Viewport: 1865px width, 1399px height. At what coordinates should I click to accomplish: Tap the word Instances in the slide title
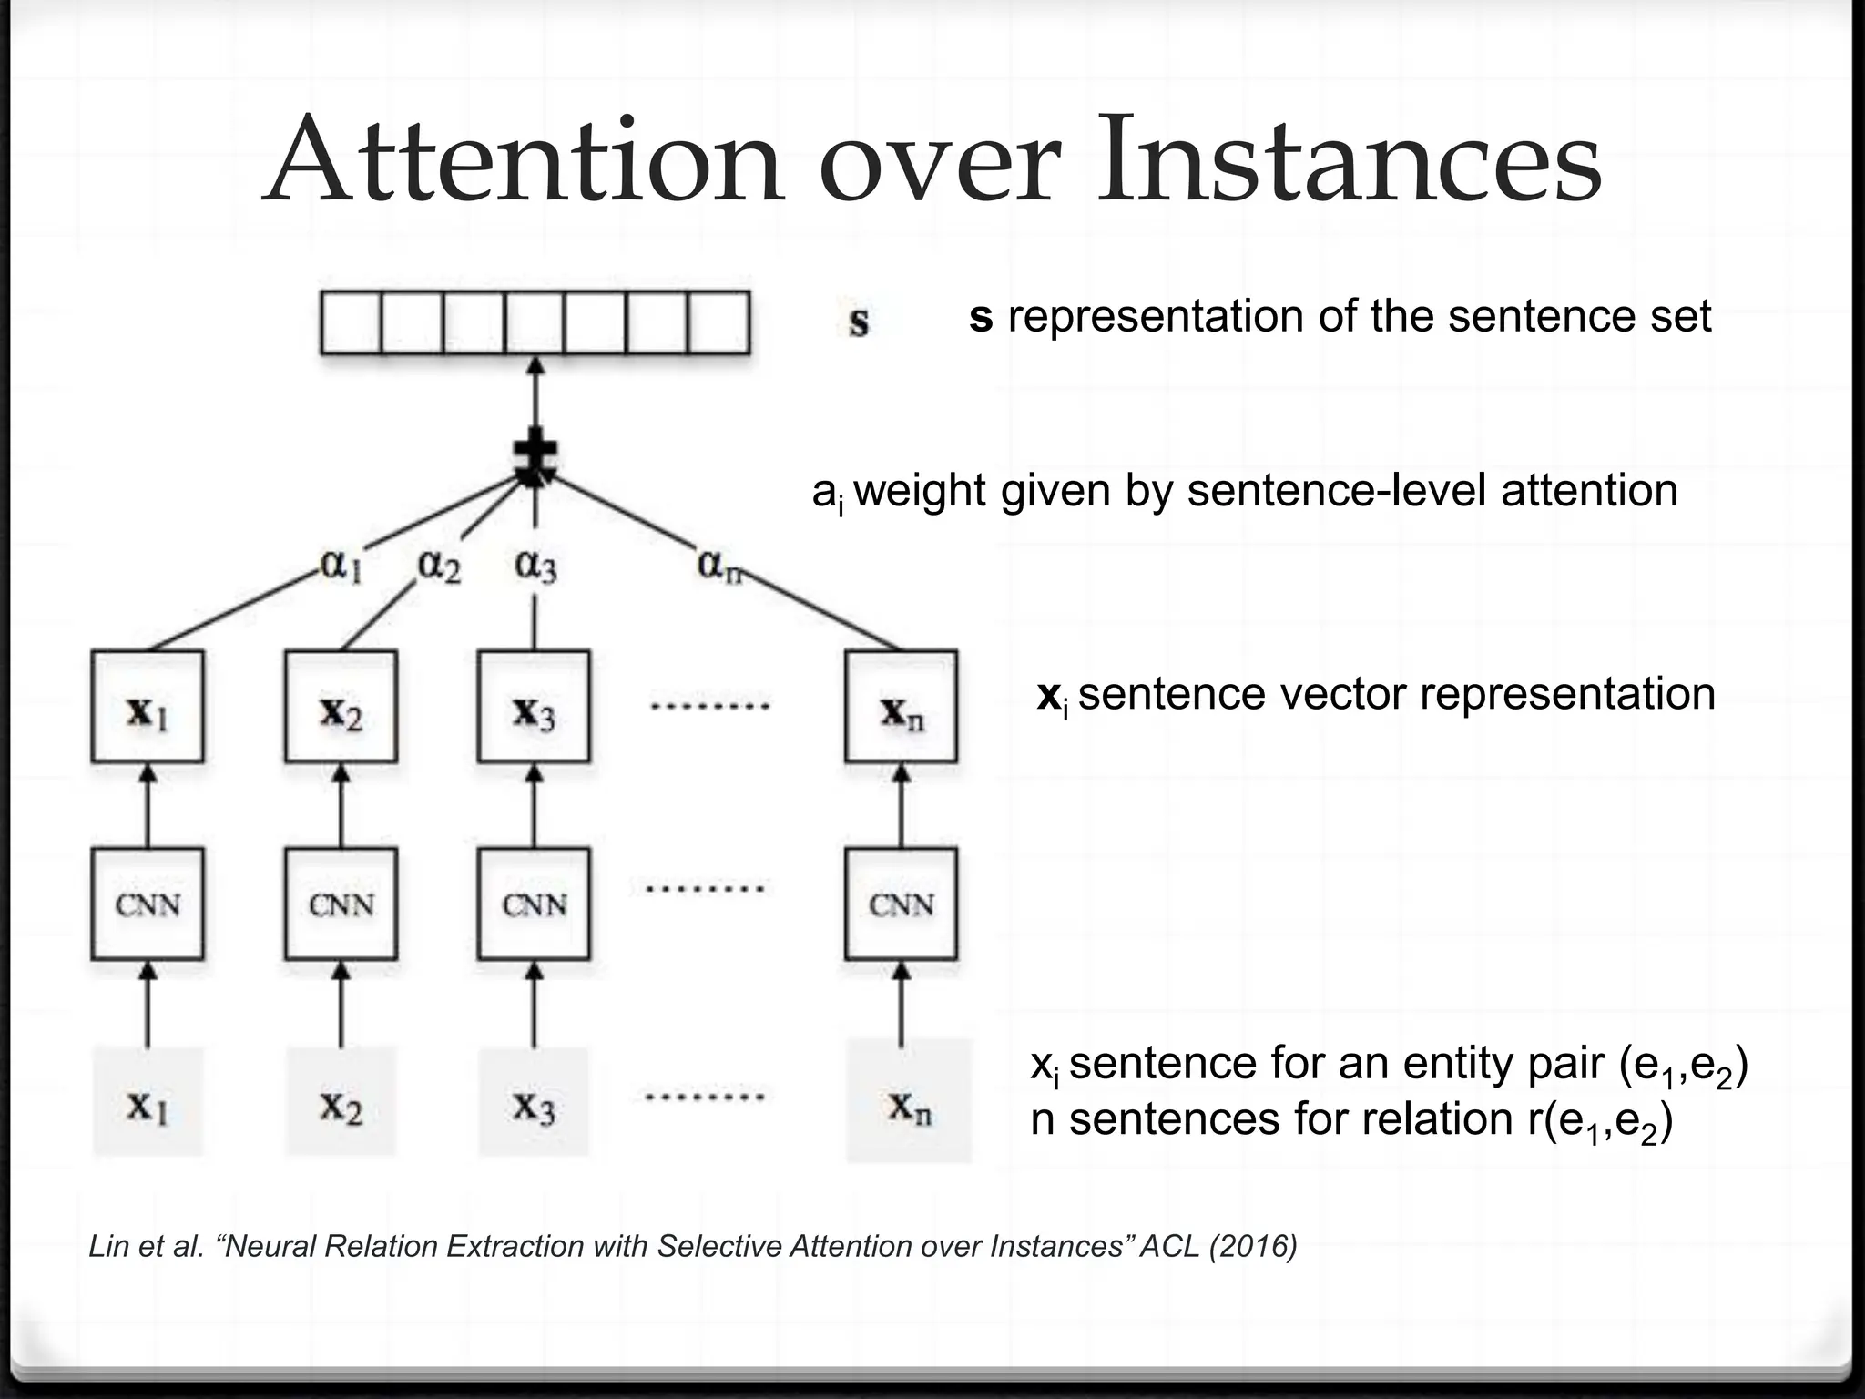(x=1348, y=160)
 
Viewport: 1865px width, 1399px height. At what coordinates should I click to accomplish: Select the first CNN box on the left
(x=148, y=904)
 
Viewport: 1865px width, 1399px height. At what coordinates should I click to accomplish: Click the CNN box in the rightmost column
(x=901, y=904)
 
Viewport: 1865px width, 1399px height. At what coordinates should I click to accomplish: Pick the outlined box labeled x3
(x=534, y=707)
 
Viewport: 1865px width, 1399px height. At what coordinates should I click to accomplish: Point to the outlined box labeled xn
(x=901, y=707)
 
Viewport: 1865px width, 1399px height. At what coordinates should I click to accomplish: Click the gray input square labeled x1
(x=148, y=1103)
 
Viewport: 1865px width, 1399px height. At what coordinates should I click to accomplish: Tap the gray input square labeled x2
(x=341, y=1103)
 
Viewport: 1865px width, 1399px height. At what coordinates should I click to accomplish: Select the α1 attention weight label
(x=341, y=567)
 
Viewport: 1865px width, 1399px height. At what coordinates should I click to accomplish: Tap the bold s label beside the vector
(x=859, y=322)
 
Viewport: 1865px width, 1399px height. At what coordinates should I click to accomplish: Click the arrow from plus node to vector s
(x=535, y=396)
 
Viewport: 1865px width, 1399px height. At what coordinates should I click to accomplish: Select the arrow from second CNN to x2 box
(x=341, y=805)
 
